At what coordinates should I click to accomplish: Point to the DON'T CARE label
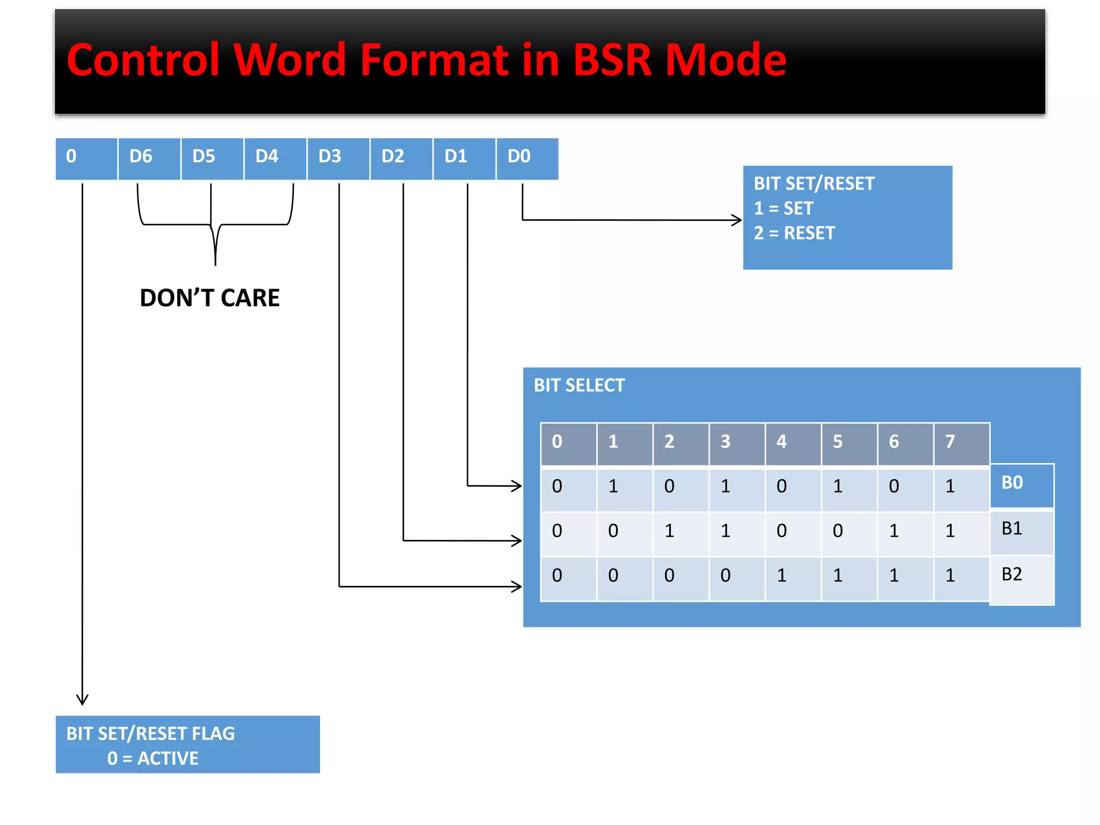(x=209, y=298)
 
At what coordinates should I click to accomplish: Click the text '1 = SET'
(x=783, y=208)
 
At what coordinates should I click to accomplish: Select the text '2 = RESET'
(x=794, y=233)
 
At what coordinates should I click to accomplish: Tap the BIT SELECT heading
(x=579, y=386)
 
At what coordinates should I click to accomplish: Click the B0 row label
(x=1021, y=483)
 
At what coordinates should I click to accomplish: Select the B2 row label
(x=1021, y=575)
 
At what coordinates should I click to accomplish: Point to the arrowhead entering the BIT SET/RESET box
(x=738, y=220)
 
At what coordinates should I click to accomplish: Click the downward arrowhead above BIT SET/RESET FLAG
(x=82, y=699)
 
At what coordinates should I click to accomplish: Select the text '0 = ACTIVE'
(x=153, y=758)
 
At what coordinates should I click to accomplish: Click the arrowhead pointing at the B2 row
(x=517, y=586)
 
